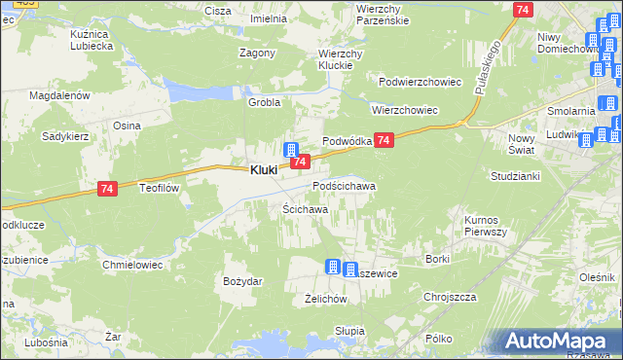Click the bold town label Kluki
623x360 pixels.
tap(262, 169)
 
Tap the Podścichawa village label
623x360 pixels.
tap(344, 185)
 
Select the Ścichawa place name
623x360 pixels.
tap(305, 209)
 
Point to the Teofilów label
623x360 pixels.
tap(162, 188)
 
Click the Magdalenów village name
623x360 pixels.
tap(59, 95)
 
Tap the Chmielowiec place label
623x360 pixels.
tap(130, 264)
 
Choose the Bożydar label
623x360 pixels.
tap(242, 281)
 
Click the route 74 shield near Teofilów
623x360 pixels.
tap(108, 194)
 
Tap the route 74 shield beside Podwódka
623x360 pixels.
tap(385, 141)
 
